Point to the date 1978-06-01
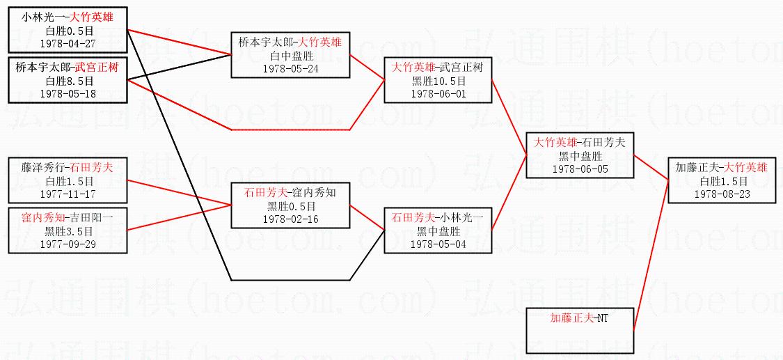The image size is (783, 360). point(438,93)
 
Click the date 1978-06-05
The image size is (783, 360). point(580,168)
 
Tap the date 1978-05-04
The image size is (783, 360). point(438,244)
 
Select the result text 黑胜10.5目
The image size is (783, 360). point(438,81)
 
